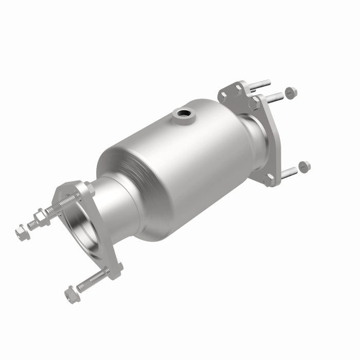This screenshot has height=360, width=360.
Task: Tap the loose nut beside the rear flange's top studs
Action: point(291,93)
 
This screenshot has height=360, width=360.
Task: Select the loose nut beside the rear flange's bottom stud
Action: point(304,166)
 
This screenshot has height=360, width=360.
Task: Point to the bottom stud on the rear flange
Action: point(289,172)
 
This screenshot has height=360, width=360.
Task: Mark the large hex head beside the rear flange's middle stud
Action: point(254,103)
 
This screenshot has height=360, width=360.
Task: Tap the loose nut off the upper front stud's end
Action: point(22,232)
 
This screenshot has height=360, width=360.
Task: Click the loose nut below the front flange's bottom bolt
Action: point(70,294)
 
